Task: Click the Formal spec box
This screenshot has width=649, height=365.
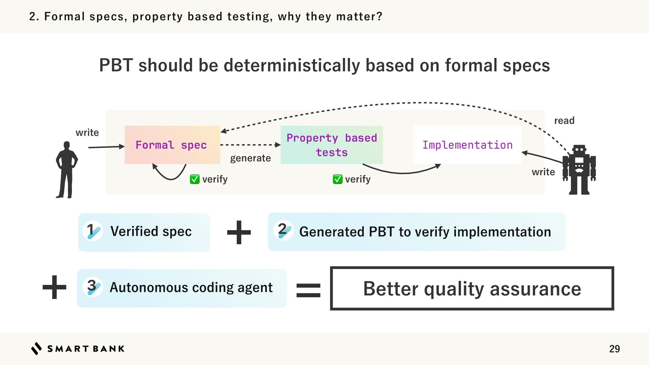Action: (x=172, y=145)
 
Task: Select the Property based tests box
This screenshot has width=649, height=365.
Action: (x=331, y=145)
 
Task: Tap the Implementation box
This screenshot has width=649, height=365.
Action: (x=467, y=145)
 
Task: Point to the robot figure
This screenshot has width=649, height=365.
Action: (x=579, y=170)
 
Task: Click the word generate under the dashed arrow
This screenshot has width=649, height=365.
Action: (x=250, y=158)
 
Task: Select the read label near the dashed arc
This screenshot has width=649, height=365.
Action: (x=564, y=121)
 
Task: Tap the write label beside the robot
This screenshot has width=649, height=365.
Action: (x=543, y=172)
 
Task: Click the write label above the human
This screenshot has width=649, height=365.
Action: (x=87, y=132)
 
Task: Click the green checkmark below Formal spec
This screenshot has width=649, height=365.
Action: (x=195, y=179)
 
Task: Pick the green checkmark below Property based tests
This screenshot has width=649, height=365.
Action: (x=337, y=179)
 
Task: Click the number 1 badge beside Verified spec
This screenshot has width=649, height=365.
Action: (x=93, y=231)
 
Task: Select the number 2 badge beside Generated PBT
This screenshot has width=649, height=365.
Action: (x=283, y=230)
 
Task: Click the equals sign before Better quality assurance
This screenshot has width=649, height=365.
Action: (x=308, y=290)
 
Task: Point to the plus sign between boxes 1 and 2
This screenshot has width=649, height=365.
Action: (x=239, y=232)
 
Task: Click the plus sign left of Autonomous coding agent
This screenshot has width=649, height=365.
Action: (x=54, y=287)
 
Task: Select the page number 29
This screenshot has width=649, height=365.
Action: (x=614, y=349)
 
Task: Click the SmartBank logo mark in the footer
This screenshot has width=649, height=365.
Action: (x=37, y=348)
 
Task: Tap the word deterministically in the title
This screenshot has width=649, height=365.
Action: (x=292, y=65)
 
